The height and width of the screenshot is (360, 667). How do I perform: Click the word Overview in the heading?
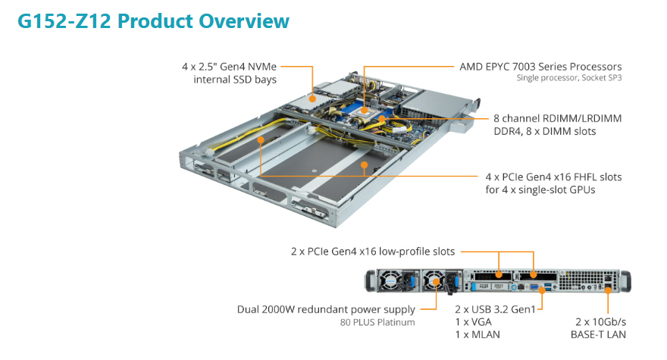coord(244,20)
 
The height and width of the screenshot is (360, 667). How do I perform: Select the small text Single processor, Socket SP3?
coord(568,78)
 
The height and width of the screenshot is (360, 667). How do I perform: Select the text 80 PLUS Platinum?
coord(377,322)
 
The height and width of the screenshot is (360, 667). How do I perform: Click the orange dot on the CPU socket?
coord(364,111)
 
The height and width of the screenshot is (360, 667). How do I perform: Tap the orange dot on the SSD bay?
coord(312,98)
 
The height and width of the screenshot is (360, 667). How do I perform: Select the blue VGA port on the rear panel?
coord(534,286)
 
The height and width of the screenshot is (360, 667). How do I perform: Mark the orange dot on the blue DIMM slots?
coord(383,118)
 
